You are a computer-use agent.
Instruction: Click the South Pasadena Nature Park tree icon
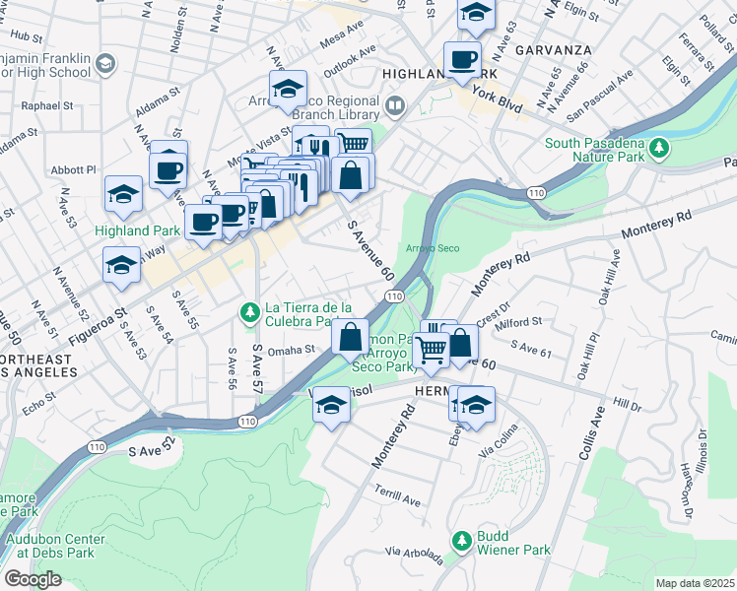click(x=659, y=148)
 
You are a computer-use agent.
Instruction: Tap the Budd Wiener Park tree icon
click(x=460, y=540)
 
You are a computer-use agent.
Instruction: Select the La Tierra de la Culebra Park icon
click(x=250, y=313)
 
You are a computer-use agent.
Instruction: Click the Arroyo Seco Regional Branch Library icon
click(x=394, y=104)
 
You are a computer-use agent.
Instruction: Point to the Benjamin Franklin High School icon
click(x=106, y=64)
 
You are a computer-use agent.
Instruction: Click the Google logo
click(x=33, y=578)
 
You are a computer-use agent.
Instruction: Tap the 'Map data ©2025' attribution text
click(x=695, y=583)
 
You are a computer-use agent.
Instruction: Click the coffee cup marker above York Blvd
click(x=462, y=60)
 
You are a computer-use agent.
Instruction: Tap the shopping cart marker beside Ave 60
click(x=431, y=349)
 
